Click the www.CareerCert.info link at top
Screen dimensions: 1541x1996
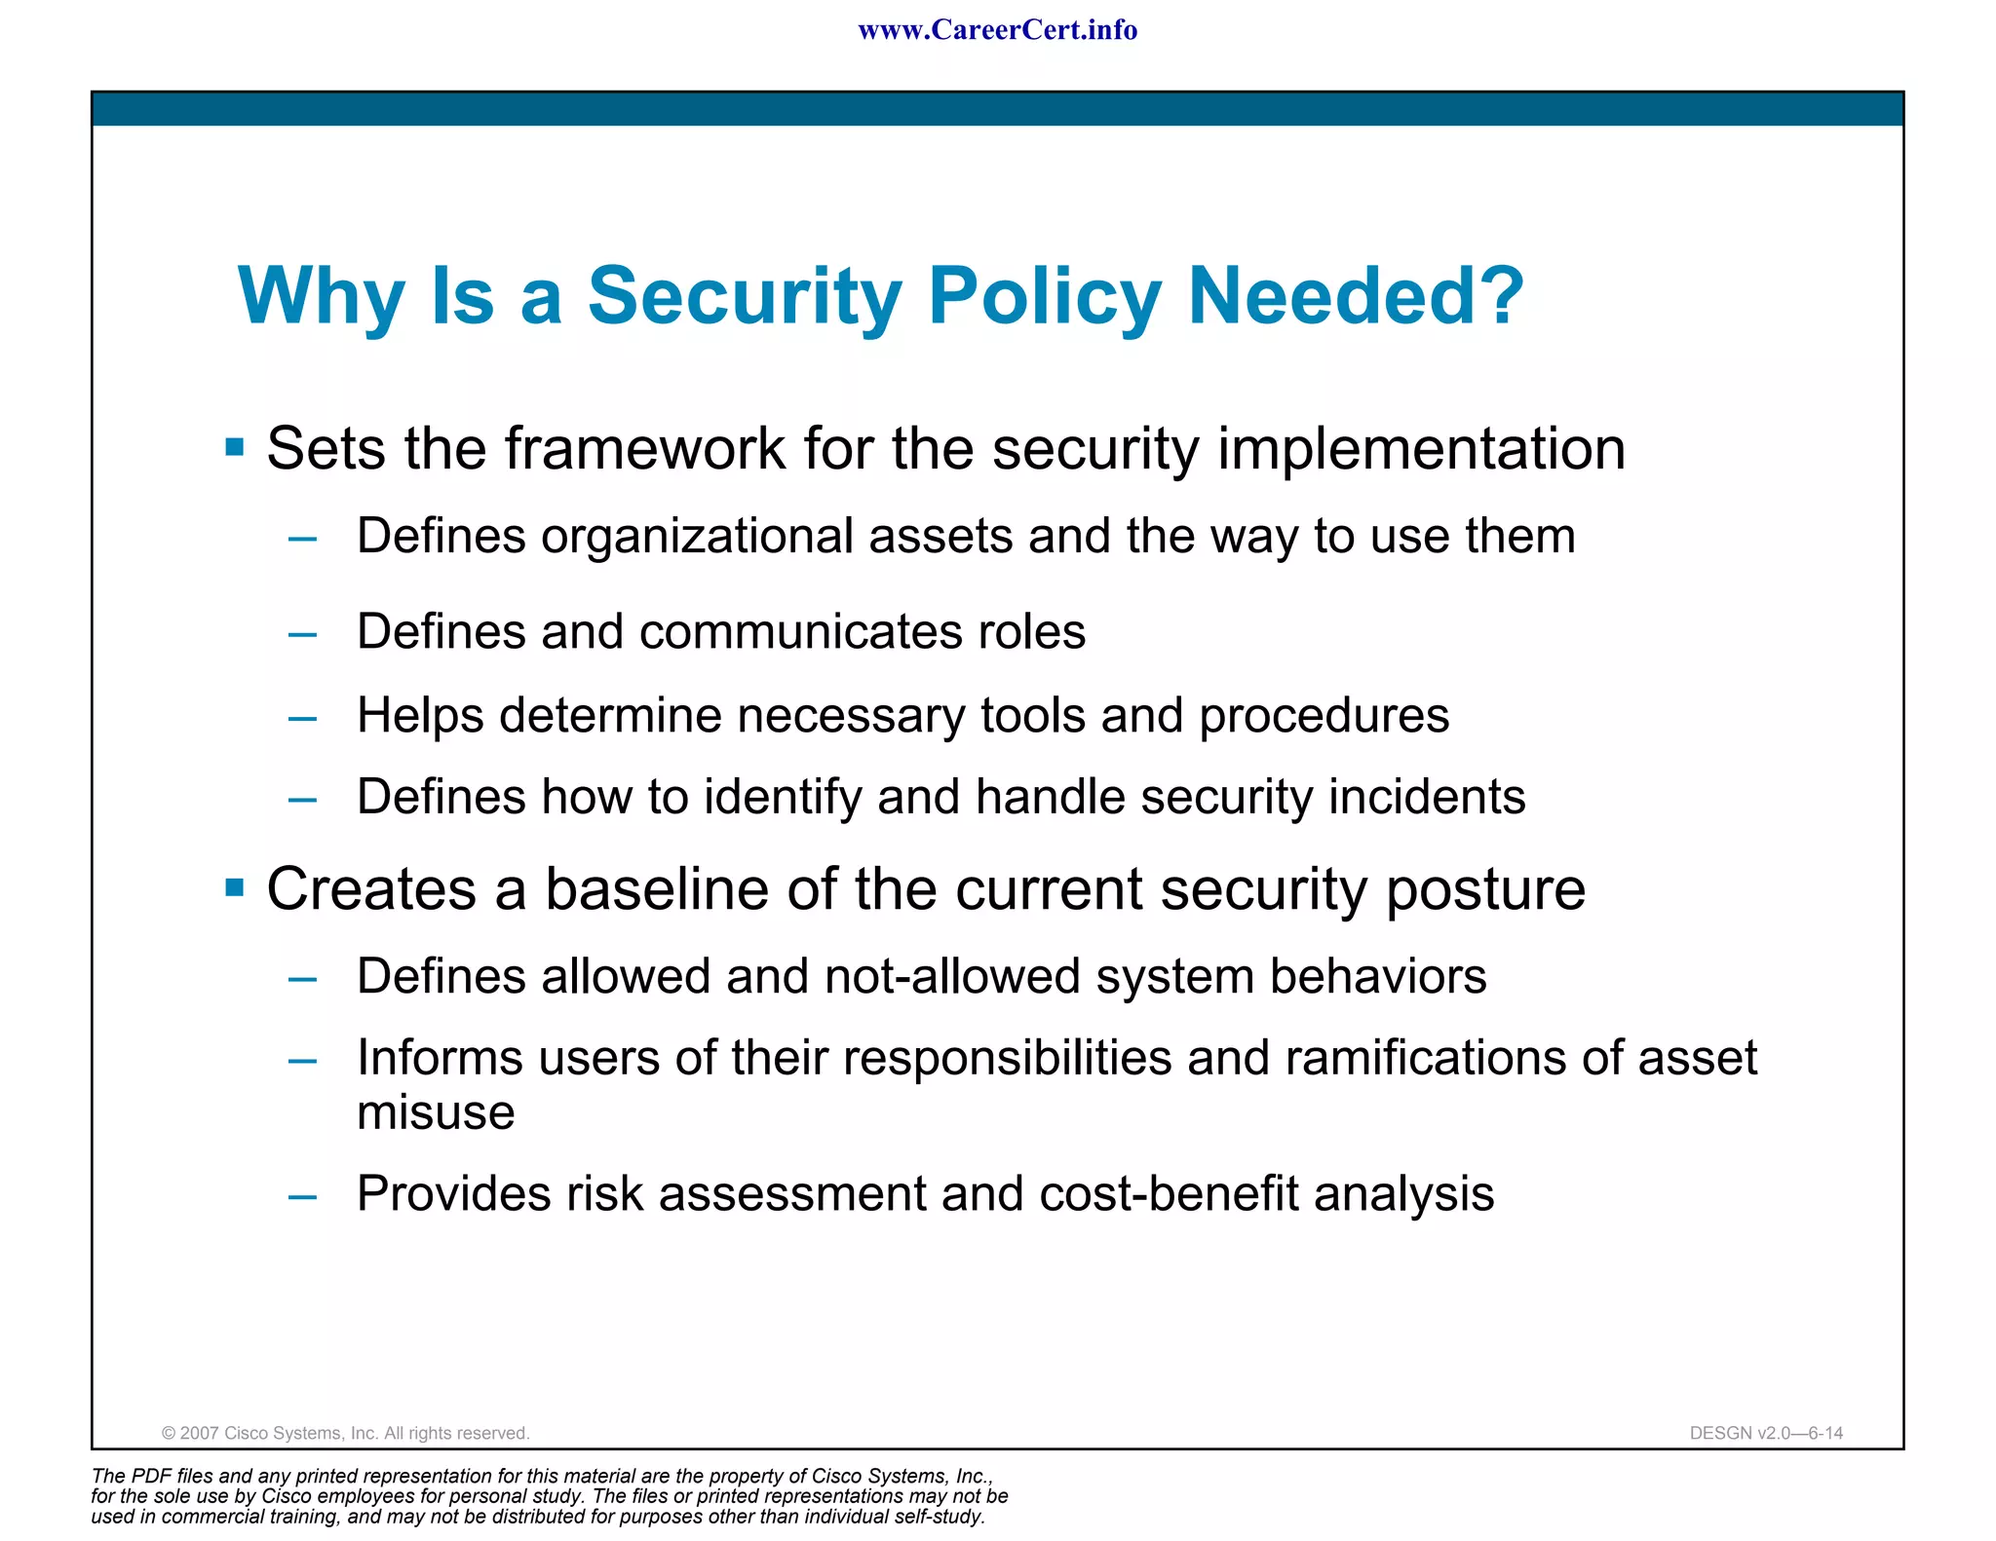[x=997, y=30]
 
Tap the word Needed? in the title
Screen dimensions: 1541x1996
[x=1356, y=296]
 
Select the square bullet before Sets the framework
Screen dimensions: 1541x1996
[x=235, y=447]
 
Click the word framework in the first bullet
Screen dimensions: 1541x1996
[x=644, y=449]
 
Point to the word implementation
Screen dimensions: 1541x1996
[x=1421, y=449]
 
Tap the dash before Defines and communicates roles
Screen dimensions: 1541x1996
[x=303, y=634]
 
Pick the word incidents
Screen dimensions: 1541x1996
[x=1427, y=797]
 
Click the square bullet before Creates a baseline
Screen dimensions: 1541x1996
[x=235, y=887]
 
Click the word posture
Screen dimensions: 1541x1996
[x=1485, y=891]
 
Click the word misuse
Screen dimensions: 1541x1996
[x=436, y=1113]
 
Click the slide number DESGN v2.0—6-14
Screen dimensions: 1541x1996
[x=1766, y=1433]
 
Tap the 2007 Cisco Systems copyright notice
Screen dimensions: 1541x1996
[x=345, y=1433]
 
